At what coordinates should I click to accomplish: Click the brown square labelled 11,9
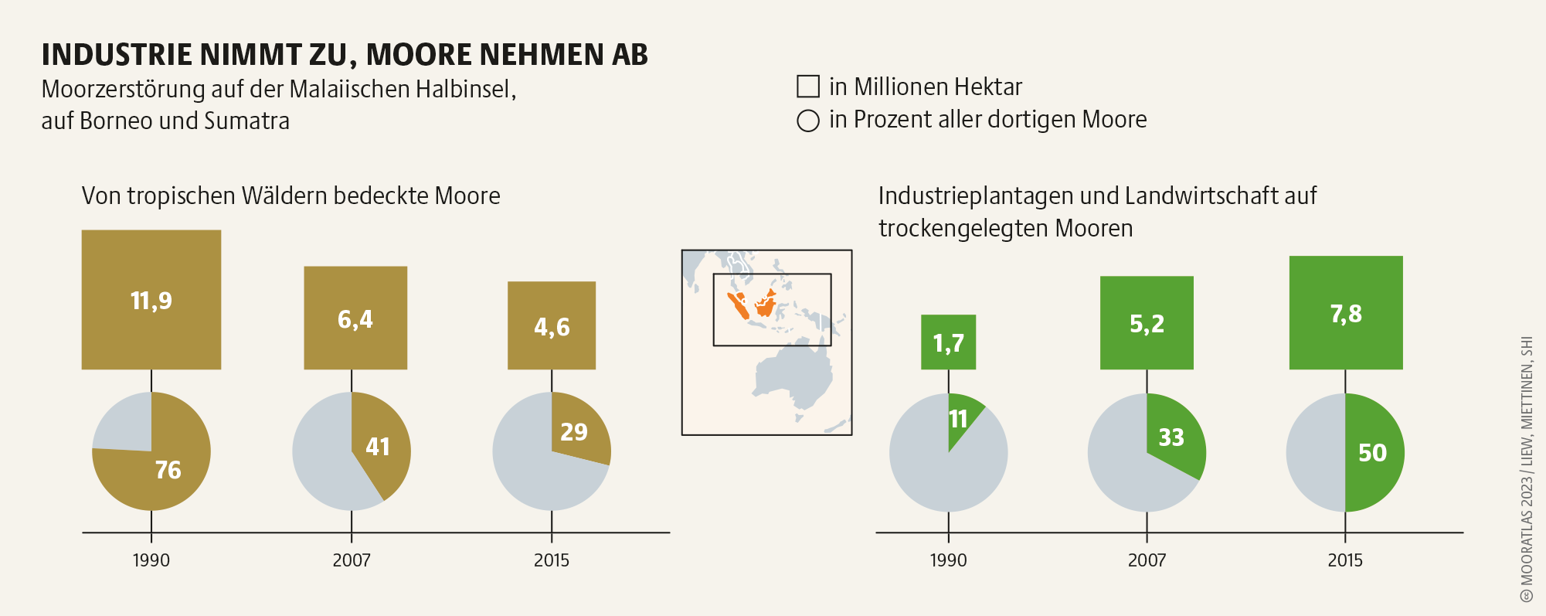[x=151, y=299]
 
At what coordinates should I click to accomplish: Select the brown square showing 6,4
[x=355, y=318]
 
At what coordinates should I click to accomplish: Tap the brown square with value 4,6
[x=552, y=325]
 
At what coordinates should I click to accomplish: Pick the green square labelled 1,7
[x=948, y=342]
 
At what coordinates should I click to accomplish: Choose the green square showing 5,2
[x=1147, y=322]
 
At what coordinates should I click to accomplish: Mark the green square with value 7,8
[x=1346, y=312]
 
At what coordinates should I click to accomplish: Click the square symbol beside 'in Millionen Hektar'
[x=808, y=87]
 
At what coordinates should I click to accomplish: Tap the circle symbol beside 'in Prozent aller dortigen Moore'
[x=808, y=121]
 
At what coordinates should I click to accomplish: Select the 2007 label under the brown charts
[x=352, y=560]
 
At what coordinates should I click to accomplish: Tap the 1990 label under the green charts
[x=948, y=560]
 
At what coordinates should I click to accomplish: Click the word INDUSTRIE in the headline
[x=117, y=55]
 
